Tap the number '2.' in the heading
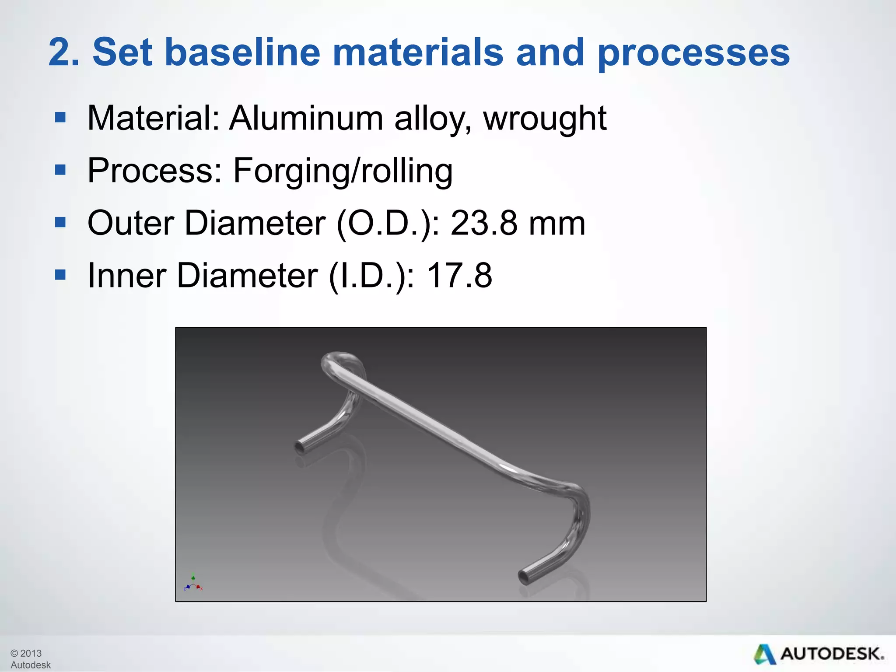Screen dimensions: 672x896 [x=64, y=52]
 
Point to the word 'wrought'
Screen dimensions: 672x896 [x=545, y=119]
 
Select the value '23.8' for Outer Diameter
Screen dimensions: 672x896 [x=484, y=223]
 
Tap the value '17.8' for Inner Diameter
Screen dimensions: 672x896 [x=459, y=276]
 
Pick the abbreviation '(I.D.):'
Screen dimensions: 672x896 [x=371, y=276]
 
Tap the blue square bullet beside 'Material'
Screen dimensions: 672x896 [x=60, y=117]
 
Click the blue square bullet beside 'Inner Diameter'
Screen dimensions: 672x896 [x=60, y=275]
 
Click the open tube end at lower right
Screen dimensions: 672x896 [x=524, y=577]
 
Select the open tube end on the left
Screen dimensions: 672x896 [x=300, y=448]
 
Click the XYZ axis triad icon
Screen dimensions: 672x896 [x=193, y=584]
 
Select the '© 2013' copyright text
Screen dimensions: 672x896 [x=26, y=653]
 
